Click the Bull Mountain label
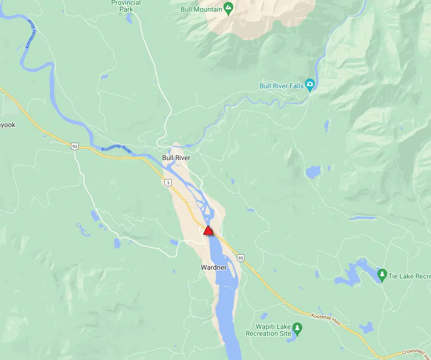click(201, 9)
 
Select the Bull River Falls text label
click(282, 86)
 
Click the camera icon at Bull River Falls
click(310, 85)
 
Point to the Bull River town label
click(176, 158)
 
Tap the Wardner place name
click(214, 267)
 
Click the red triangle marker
click(208, 230)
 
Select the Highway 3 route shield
click(167, 182)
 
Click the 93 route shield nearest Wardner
click(240, 257)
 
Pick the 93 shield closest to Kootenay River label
click(74, 146)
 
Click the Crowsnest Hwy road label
click(415, 353)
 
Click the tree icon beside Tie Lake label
click(382, 275)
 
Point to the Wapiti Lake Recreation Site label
click(268, 330)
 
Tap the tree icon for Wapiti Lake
click(298, 330)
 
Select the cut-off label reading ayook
click(8, 125)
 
